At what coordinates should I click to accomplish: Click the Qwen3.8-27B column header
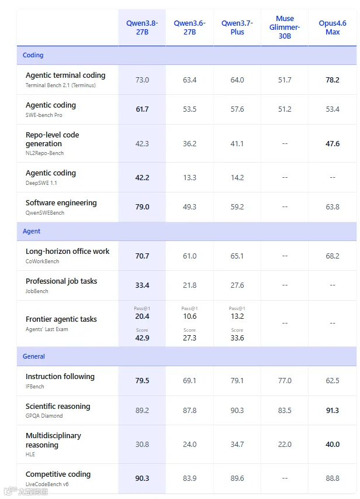(142, 27)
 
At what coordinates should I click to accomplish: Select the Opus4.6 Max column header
(333, 27)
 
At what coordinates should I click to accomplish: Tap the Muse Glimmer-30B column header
(285, 27)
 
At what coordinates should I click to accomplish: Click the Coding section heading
(33, 55)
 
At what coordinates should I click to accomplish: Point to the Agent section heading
(32, 231)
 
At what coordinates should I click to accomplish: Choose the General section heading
(34, 356)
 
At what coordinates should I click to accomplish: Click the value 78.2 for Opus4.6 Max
(333, 80)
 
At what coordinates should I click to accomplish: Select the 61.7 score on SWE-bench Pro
(142, 109)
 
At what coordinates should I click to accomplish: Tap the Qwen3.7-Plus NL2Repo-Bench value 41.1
(237, 143)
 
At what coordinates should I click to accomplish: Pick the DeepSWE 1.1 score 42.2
(142, 177)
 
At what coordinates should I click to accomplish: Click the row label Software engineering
(61, 203)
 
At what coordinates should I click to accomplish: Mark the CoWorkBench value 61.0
(189, 256)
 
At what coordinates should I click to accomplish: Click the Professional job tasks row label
(61, 281)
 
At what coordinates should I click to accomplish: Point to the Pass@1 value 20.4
(142, 316)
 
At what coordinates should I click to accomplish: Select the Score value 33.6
(237, 338)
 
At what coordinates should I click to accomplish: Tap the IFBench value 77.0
(285, 381)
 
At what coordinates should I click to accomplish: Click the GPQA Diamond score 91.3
(333, 411)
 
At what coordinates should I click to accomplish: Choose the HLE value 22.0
(285, 444)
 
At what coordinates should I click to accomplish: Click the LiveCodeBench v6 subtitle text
(47, 484)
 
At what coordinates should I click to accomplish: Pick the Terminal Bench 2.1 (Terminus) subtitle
(60, 85)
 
